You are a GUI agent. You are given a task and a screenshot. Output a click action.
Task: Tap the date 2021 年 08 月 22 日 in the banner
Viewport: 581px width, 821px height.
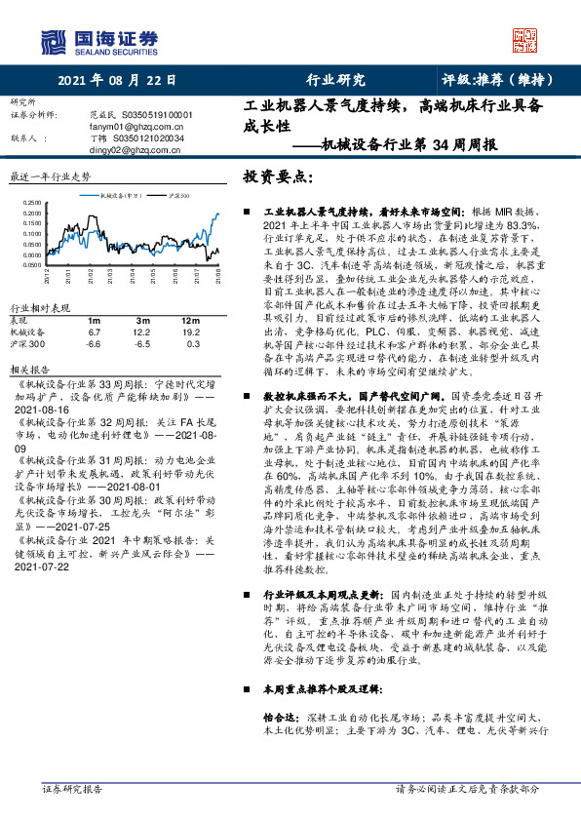117,81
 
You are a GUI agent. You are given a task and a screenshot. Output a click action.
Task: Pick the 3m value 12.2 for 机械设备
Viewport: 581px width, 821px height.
142,332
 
